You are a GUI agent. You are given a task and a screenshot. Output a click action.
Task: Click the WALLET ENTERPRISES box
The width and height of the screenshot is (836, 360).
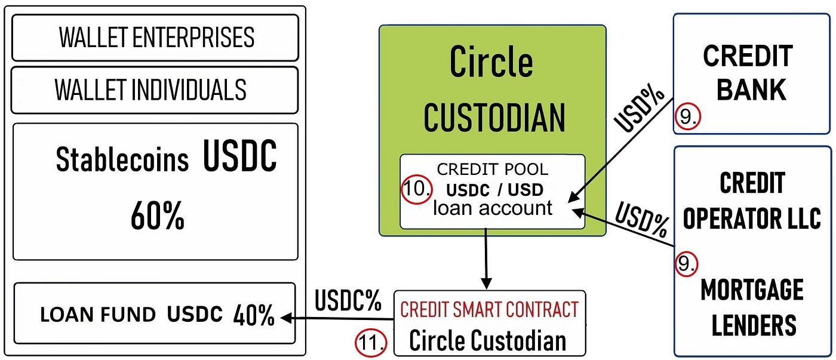point(155,38)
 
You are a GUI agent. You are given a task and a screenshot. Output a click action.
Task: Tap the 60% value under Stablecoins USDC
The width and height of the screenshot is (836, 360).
point(157,217)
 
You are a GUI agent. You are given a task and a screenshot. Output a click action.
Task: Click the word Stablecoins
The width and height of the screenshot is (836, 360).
point(122,160)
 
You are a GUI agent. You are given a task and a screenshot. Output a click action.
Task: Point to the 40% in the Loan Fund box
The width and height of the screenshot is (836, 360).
point(253,315)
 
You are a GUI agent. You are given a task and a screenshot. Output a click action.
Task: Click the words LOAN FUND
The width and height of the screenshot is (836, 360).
point(99,315)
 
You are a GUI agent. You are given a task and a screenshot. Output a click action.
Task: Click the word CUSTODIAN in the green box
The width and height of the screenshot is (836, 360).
point(494,117)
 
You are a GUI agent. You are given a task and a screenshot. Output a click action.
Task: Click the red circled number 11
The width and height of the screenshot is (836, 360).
point(371,343)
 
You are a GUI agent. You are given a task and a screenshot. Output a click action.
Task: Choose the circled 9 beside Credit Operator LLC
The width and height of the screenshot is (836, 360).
point(687,263)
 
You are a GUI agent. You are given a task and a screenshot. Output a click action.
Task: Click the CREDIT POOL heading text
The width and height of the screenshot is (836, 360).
point(493,170)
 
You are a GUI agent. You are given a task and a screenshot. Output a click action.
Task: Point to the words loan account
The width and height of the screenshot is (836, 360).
point(493,208)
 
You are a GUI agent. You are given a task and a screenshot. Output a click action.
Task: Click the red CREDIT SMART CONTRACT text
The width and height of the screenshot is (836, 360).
point(489,309)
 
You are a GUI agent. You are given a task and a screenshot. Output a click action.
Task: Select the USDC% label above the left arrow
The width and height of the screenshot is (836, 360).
point(348,301)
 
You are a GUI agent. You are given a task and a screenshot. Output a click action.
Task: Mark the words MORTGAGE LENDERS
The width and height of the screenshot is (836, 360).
point(752,308)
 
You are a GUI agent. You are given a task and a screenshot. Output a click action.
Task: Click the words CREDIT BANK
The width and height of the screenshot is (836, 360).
point(751,72)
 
